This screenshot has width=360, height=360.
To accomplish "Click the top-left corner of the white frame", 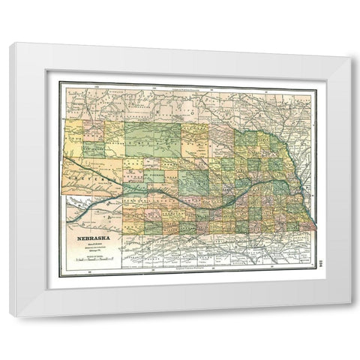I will (9, 43).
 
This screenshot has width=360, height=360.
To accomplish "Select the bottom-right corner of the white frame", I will (351, 316).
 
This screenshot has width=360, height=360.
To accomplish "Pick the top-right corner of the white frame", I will (351, 43).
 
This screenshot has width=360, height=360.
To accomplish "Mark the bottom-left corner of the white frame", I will (9, 316).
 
